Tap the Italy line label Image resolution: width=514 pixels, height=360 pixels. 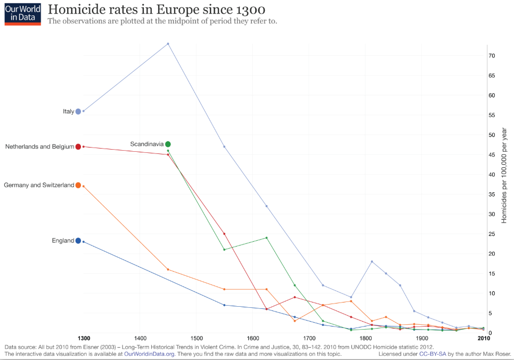coord(68,111)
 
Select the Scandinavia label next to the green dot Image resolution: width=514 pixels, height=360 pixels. coord(146,144)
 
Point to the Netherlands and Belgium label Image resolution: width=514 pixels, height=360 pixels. coord(39,146)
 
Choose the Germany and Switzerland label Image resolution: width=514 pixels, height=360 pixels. coord(39,185)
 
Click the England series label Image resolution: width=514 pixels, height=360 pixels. coord(63,241)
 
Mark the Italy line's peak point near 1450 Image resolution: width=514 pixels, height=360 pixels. coord(168,44)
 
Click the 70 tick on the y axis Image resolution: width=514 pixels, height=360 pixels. coord(492,56)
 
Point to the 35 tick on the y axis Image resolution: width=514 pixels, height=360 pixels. coord(492,194)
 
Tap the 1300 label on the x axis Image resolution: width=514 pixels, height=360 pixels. coord(84,338)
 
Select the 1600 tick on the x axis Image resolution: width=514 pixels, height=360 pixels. coord(252,338)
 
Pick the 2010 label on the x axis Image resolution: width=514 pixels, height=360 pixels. coord(483,338)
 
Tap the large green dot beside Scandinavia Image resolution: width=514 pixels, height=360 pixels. coord(168,144)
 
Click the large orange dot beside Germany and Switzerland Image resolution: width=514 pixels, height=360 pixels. coord(78,185)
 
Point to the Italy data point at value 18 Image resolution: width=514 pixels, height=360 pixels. coord(372,261)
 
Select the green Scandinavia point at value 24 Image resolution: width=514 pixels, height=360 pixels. coord(266,238)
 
